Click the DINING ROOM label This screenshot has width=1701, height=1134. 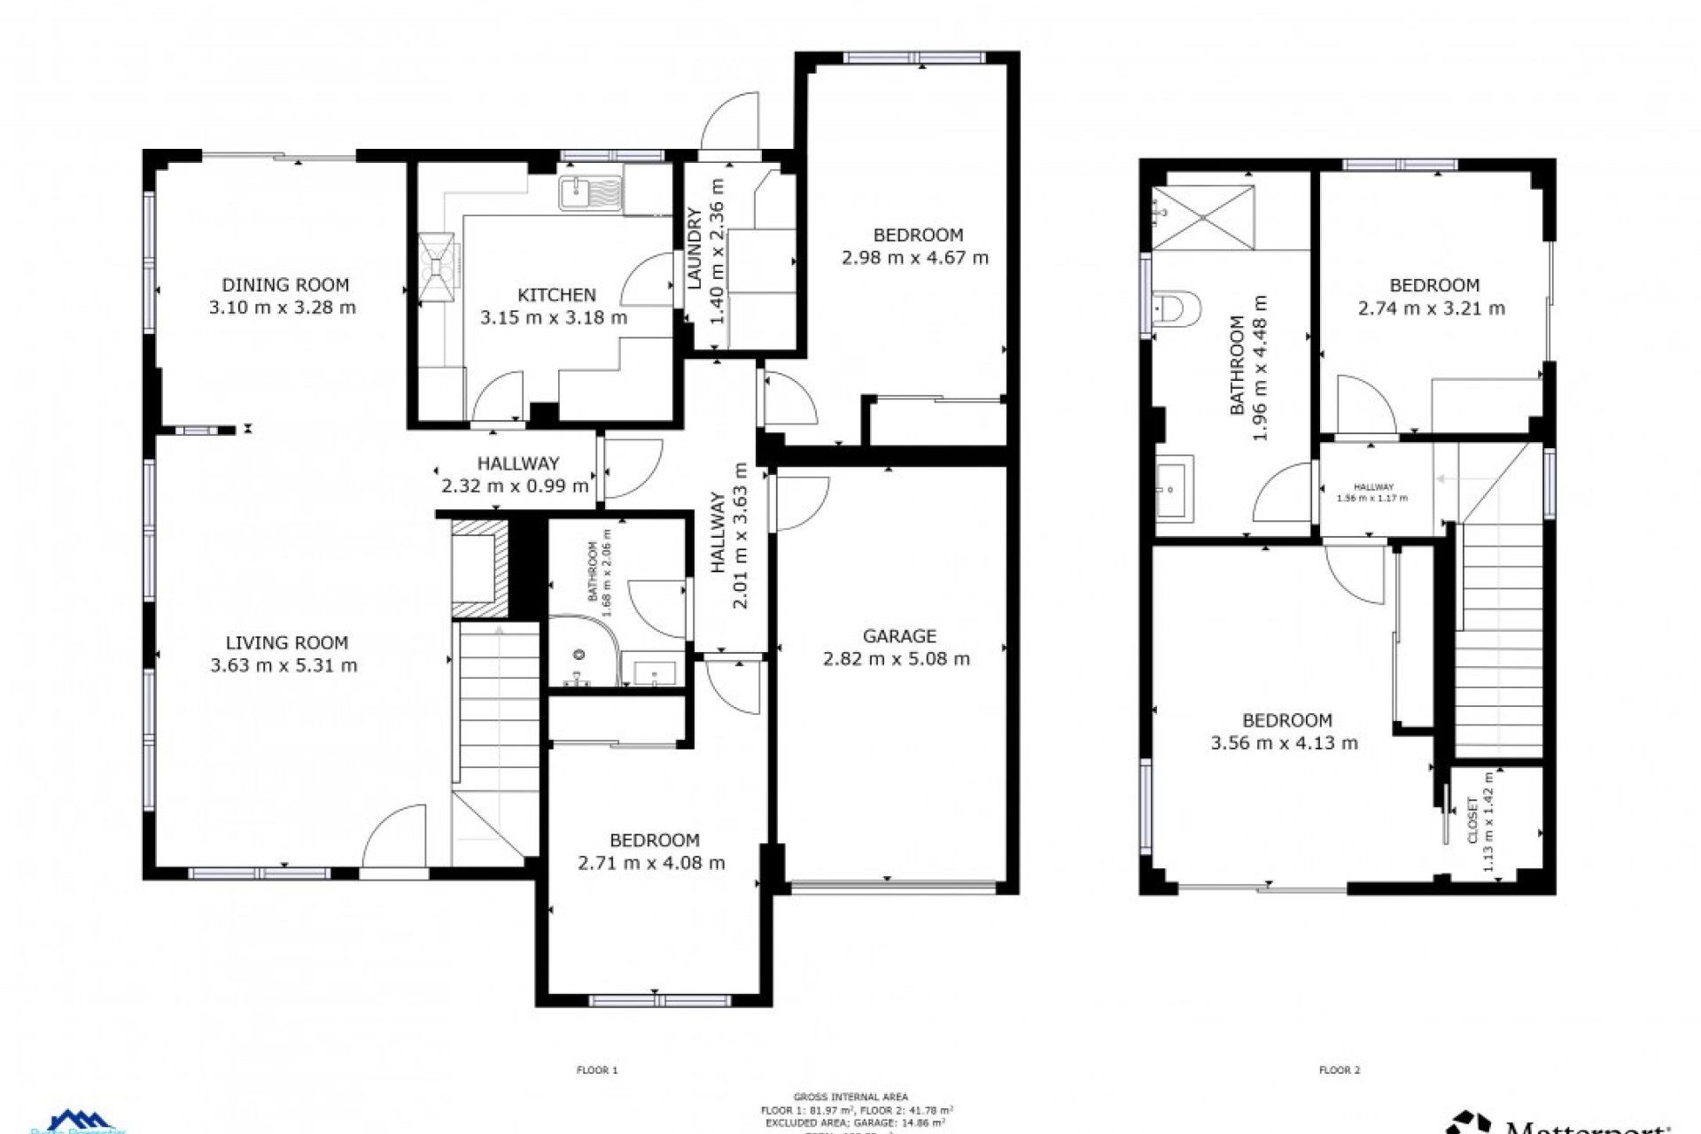click(x=285, y=285)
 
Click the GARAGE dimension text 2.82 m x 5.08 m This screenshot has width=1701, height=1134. click(x=897, y=659)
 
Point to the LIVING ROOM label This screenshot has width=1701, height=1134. click(x=286, y=643)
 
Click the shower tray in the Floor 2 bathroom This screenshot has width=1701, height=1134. click(x=1204, y=217)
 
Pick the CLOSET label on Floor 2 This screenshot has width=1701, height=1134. click(x=1472, y=819)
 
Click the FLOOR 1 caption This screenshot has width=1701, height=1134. click(x=597, y=1070)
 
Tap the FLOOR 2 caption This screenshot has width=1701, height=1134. click(x=1339, y=1070)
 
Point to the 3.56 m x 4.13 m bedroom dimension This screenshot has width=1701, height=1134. click(x=1284, y=743)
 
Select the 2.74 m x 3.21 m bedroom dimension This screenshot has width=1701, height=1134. click(x=1431, y=309)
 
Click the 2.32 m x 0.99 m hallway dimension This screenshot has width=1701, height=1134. click(x=515, y=485)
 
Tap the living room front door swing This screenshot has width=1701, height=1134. click(x=395, y=837)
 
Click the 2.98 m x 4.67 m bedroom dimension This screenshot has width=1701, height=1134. click(x=914, y=258)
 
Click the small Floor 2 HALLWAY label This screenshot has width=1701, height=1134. click(x=1373, y=487)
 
